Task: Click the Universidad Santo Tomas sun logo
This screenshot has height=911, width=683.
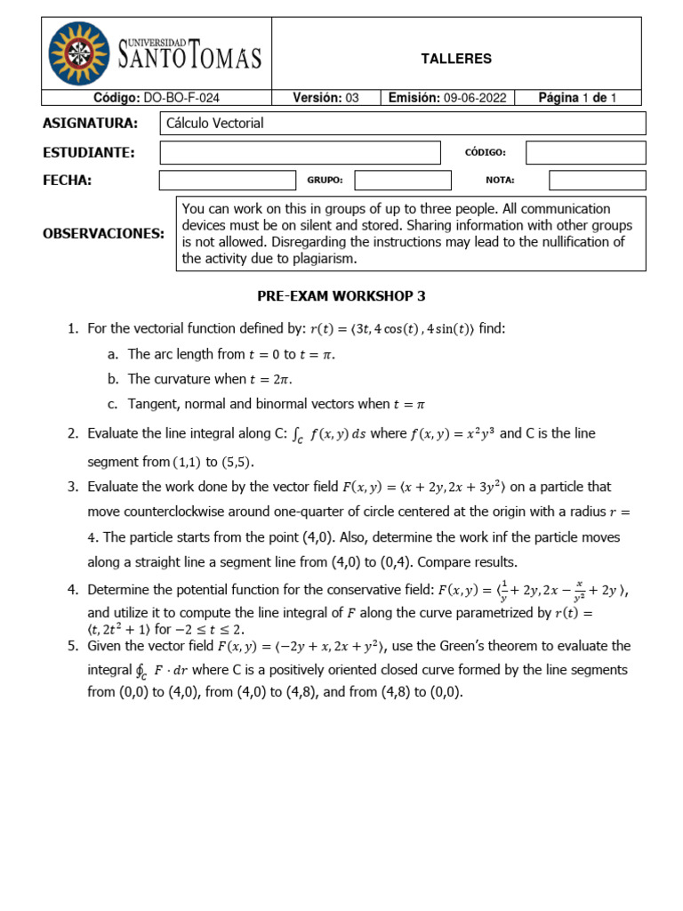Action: click(x=81, y=54)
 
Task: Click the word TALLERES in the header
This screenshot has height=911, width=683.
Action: click(x=455, y=59)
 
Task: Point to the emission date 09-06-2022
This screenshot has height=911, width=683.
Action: click(x=475, y=98)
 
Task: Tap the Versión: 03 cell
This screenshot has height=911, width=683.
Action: click(x=325, y=98)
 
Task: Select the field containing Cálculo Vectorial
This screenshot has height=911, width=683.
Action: click(x=402, y=124)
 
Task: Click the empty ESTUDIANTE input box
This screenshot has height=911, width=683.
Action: click(x=300, y=153)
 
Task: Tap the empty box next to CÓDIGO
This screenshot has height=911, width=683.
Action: click(x=585, y=153)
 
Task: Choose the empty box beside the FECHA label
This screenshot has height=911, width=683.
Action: click(x=227, y=181)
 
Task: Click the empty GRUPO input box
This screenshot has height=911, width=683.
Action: click(x=402, y=181)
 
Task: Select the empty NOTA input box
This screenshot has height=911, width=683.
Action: click(x=597, y=181)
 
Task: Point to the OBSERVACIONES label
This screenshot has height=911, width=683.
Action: click(x=103, y=234)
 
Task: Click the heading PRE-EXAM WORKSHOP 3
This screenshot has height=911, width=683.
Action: click(x=341, y=296)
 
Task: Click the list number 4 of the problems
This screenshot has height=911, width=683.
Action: click(x=73, y=591)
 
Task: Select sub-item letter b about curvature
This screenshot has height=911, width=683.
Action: click(x=112, y=379)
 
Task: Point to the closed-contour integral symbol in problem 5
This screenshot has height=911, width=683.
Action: click(x=139, y=670)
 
